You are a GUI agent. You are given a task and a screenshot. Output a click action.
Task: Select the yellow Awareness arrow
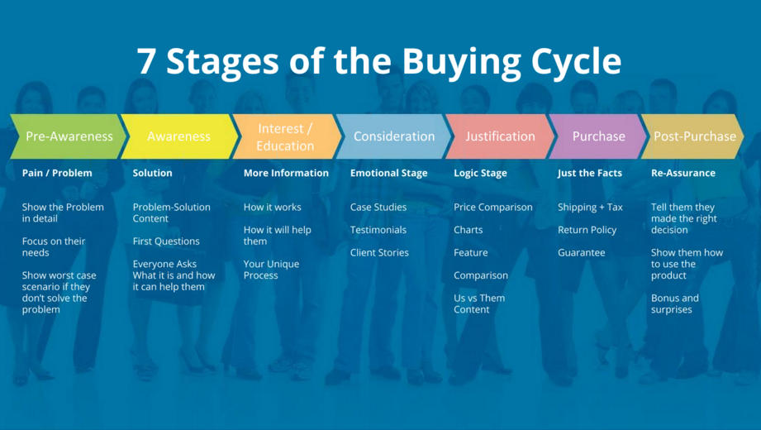178,136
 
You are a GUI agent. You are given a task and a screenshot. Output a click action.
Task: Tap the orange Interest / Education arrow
285,136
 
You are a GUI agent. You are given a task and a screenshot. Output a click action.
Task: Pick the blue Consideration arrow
393,136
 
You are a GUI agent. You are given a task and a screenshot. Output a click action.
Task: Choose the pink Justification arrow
499,136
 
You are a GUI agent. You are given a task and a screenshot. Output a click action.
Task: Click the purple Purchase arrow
598,136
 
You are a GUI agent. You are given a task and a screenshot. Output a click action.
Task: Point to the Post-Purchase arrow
694,136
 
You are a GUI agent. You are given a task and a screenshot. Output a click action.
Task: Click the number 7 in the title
146,62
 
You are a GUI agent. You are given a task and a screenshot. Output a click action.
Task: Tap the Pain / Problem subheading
57,173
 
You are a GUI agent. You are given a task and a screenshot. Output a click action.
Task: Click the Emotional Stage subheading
388,173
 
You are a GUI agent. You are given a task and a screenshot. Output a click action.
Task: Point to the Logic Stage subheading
480,173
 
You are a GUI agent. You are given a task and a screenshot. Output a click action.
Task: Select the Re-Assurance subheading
683,173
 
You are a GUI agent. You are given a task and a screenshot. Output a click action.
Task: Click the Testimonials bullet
378,230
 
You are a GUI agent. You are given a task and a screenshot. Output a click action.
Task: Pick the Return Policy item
587,230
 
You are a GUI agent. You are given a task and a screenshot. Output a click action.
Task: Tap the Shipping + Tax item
590,207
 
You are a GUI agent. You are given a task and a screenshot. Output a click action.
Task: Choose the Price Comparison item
492,207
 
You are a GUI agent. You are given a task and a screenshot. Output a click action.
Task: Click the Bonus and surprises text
674,303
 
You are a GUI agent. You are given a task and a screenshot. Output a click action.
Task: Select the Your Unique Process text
271,270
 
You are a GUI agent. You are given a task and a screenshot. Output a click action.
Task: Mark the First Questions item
166,241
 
